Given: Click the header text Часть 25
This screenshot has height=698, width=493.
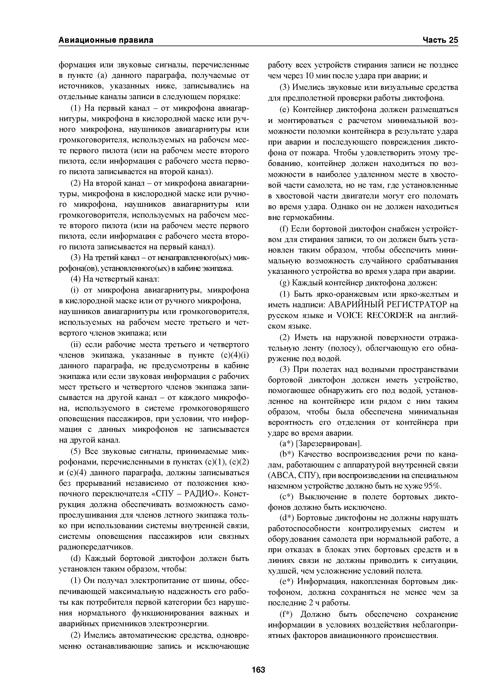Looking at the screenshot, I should click(x=440, y=40).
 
